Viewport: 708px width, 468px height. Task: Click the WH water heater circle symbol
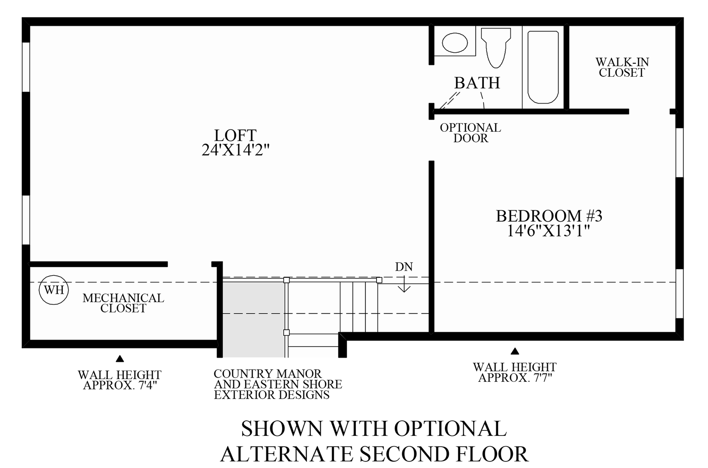click(54, 290)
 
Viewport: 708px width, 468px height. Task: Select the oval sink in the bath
click(455, 42)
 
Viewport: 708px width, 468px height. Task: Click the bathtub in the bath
click(543, 67)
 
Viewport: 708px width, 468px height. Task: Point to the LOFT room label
click(235, 135)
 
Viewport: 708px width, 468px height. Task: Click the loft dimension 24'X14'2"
click(236, 150)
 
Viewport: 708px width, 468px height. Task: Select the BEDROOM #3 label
click(549, 216)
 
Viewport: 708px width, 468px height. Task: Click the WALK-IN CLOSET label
click(622, 68)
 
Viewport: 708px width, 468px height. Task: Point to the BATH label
click(477, 83)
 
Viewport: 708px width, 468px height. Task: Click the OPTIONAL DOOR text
click(471, 133)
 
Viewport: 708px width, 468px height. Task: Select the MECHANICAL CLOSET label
click(123, 303)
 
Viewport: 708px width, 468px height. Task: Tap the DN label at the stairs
click(404, 267)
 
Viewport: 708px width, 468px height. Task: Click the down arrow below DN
click(404, 286)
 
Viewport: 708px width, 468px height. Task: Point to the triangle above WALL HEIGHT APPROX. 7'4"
click(120, 359)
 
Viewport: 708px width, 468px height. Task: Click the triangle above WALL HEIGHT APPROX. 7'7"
click(515, 351)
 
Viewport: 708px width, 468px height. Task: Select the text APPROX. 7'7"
click(515, 378)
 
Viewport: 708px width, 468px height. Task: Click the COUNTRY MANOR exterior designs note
click(278, 384)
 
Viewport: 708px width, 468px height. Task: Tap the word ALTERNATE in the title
click(286, 454)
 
